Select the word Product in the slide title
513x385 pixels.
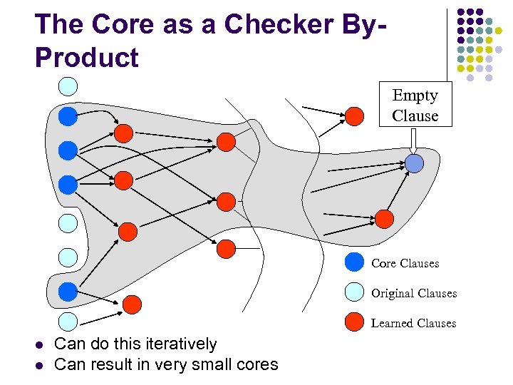click(86, 57)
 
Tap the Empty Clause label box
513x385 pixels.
click(415, 106)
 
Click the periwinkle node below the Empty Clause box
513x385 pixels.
click(414, 164)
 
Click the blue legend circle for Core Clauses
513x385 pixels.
click(354, 263)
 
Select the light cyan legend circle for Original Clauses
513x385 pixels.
click(354, 292)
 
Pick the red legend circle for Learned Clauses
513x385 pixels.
click(354, 322)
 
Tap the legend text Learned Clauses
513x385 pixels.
click(413, 323)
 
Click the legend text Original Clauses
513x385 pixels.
click(413, 293)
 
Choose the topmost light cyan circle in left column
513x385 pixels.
click(67, 86)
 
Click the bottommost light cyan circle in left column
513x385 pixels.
click(67, 321)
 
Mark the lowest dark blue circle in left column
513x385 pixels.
click(67, 291)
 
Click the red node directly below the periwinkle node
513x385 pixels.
click(384, 218)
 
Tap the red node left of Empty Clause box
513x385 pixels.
click(354, 116)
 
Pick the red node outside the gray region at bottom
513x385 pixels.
click(132, 304)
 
